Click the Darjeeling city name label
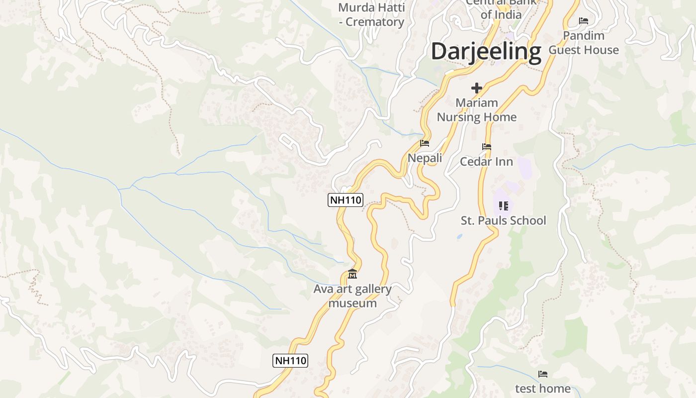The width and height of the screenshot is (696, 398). point(486,52)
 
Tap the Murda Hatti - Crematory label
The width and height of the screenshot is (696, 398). point(371,15)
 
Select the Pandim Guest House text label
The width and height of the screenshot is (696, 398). point(584,43)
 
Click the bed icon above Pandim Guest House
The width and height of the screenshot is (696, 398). point(584,21)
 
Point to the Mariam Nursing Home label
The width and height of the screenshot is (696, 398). point(477,110)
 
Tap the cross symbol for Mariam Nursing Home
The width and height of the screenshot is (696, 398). point(477,89)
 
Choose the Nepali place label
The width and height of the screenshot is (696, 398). point(425,158)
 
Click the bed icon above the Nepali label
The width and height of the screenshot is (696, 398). point(425,143)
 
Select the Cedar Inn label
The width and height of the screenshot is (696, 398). point(486,162)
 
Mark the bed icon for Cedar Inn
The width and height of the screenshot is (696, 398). point(487,147)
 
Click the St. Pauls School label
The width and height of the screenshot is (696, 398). point(503,220)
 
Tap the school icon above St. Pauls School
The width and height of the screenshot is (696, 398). point(503,205)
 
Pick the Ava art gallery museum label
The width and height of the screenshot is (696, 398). point(352,296)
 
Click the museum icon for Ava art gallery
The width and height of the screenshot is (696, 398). point(352,274)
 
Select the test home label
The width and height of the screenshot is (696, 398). point(542,388)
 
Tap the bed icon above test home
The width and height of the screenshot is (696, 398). point(543,374)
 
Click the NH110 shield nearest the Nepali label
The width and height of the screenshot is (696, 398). point(346,200)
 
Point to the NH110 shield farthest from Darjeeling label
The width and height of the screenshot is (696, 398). point(290,361)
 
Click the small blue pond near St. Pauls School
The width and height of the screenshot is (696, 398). point(459,237)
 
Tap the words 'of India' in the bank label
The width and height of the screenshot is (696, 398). point(501,15)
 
